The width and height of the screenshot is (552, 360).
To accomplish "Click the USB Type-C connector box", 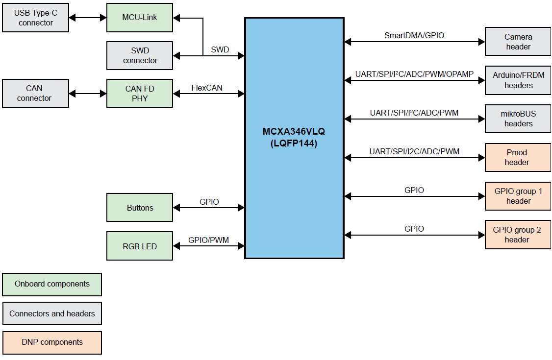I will (35, 18).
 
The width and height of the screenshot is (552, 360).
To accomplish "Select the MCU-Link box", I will (140, 18).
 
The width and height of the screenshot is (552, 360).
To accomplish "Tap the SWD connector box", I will (140, 55).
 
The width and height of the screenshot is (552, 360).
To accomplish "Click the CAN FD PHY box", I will (140, 93).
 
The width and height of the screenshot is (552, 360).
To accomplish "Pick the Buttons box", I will (140, 208).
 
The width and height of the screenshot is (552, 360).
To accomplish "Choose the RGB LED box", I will (140, 246).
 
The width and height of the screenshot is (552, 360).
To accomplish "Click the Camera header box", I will (518, 42).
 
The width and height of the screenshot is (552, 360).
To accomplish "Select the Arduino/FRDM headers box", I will (518, 80).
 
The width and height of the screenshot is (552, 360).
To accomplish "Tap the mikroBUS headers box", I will (518, 119).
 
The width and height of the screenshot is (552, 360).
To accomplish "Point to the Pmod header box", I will (518, 157).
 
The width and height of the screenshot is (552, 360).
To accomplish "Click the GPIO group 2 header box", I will (518, 235).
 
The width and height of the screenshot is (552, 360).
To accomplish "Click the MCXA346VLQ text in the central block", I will (294, 132).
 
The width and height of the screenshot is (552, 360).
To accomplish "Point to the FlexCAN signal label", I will (206, 88).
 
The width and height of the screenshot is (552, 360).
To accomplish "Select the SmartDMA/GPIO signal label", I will (414, 35).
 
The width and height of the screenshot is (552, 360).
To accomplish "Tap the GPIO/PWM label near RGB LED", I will (208, 240).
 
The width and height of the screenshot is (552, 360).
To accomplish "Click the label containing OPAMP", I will (414, 74).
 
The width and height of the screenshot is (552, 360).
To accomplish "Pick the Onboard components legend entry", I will (52, 284).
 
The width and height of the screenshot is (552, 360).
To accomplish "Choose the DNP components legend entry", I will (52, 342).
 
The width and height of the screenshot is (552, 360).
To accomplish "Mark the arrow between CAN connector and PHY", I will (88, 93).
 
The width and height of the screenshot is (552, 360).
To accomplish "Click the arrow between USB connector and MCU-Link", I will (88, 18).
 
